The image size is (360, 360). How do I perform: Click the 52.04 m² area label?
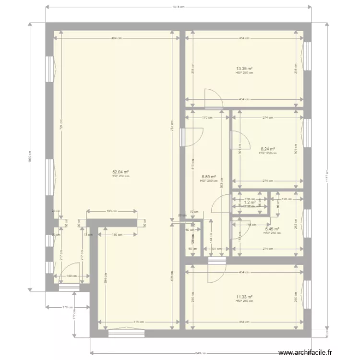(120, 172)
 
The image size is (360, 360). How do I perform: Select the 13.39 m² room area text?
(244, 69)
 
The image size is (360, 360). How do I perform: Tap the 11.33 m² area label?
(244, 297)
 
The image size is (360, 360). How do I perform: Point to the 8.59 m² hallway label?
(208, 177)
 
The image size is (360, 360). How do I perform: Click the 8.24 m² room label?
(267, 149)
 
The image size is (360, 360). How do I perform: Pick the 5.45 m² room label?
(271, 229)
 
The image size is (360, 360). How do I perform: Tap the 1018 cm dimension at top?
(179, 7)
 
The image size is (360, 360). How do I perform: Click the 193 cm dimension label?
(111, 211)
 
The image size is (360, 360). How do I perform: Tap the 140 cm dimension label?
(72, 276)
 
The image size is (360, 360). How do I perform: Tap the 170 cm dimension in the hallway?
(207, 117)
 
